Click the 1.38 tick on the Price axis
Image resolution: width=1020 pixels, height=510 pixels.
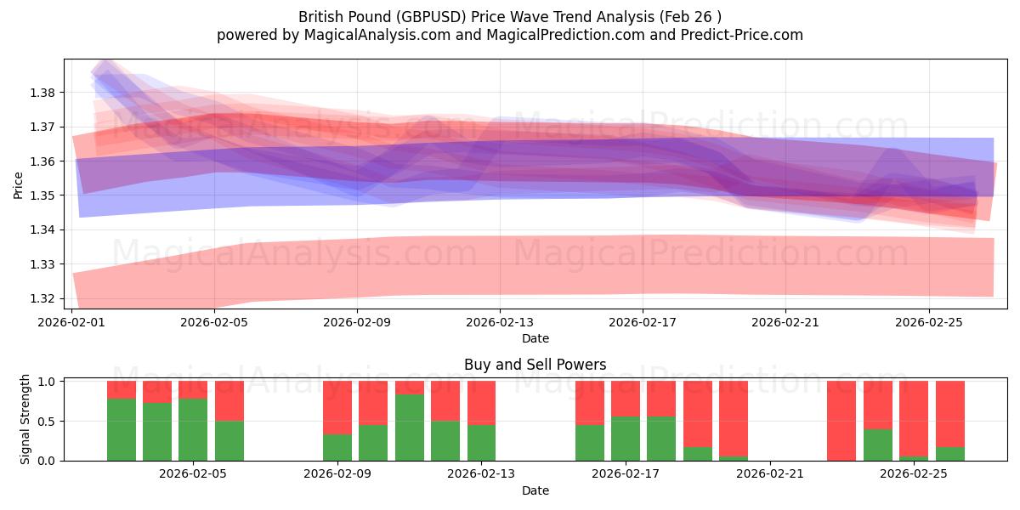pyautogui.click(x=43, y=93)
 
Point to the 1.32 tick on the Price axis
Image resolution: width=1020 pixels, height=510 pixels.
pyautogui.click(x=43, y=299)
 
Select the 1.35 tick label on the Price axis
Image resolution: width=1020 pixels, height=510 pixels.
pyautogui.click(x=43, y=195)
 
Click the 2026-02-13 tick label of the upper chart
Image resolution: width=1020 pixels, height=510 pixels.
pyautogui.click(x=500, y=323)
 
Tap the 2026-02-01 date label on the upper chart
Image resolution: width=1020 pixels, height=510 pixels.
pyautogui.click(x=71, y=323)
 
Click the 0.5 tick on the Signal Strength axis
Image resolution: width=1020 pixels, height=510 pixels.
pyautogui.click(x=48, y=421)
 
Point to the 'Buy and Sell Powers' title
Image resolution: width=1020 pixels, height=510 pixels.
pyautogui.click(x=535, y=365)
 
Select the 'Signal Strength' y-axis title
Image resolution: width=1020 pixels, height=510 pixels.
pyautogui.click(x=25, y=419)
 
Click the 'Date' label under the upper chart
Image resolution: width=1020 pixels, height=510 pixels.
pyautogui.click(x=535, y=338)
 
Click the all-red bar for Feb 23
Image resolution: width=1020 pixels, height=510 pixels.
pyautogui.click(x=841, y=421)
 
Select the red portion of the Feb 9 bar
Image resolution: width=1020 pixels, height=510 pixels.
pyautogui.click(x=337, y=407)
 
